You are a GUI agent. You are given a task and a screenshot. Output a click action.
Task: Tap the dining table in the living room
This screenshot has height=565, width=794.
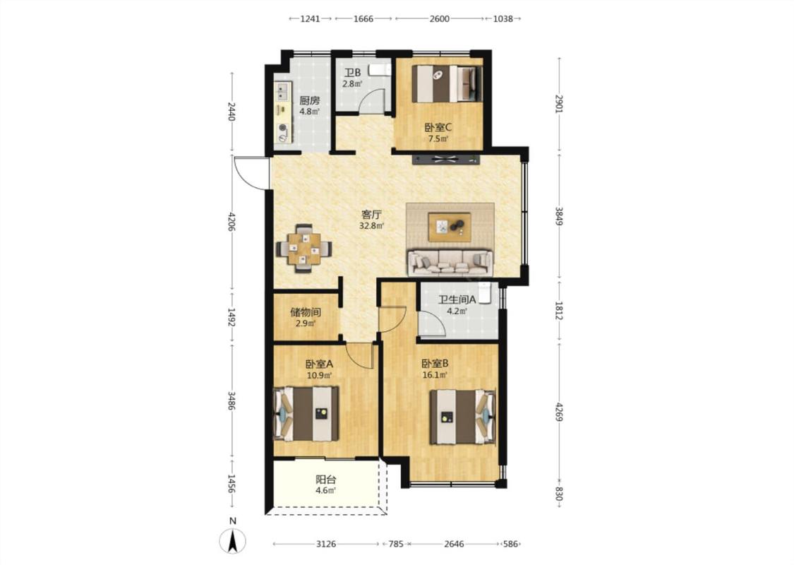tap(303, 249)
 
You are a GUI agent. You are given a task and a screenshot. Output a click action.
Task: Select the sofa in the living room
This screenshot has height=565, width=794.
tap(450, 263)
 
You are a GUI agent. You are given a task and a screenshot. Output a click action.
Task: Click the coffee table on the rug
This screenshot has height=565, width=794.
tap(450, 227)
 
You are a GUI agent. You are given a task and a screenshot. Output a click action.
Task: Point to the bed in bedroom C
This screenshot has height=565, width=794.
tap(446, 83)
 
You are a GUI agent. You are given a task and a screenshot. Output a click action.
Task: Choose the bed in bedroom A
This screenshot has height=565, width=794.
tap(306, 413)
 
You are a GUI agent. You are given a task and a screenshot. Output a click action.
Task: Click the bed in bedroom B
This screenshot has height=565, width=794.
tap(462, 417)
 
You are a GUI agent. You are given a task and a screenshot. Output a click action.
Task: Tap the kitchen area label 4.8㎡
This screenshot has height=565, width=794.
tap(309, 112)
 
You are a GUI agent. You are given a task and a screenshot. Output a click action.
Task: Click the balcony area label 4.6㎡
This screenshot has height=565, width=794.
tap(325, 491)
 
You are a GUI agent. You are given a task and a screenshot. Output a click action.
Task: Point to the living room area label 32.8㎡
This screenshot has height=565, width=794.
tap(371, 226)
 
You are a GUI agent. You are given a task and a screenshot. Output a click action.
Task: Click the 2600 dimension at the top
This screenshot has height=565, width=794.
tap(439, 19)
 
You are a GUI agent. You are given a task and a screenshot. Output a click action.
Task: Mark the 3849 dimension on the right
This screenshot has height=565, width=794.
tap(558, 216)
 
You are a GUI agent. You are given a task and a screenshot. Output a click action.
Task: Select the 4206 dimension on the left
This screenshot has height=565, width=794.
tap(232, 222)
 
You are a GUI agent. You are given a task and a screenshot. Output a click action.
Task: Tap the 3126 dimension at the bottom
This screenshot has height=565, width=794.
tap(326, 545)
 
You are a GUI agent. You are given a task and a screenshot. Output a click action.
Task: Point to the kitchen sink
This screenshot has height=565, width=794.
tap(281, 92)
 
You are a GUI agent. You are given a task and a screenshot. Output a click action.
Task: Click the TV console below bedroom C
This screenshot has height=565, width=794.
tap(445, 160)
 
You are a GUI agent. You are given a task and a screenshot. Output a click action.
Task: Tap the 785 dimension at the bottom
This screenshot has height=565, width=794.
tap(396, 545)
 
